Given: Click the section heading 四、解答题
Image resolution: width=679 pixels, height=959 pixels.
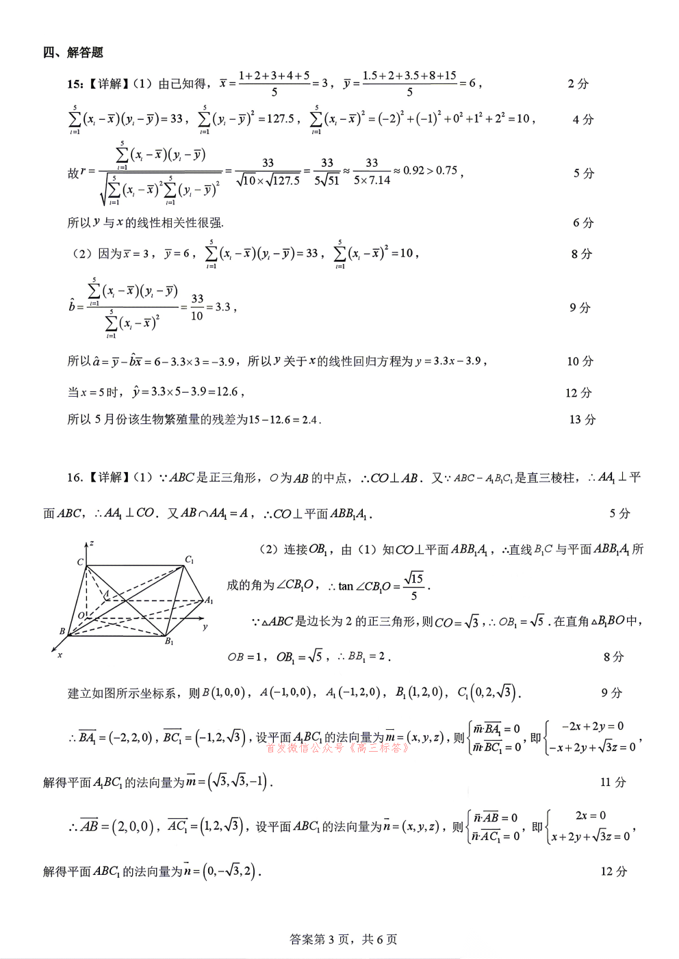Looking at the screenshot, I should point(73,53).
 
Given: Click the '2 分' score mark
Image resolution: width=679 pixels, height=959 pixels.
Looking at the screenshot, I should point(578,83).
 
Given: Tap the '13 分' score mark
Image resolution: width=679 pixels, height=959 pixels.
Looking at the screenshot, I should point(582,419).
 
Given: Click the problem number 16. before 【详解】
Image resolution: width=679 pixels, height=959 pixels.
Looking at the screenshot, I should point(75,477).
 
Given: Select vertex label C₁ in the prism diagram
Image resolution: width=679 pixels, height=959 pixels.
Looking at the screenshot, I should point(190,560).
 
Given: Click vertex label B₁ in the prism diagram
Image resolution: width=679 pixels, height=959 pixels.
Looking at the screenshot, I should point(169,642).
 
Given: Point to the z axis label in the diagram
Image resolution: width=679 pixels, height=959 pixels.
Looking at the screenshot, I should point(91,543).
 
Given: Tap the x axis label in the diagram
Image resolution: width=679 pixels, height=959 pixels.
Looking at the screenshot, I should point(60,655).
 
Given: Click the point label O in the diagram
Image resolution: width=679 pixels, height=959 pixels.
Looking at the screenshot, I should point(81,616).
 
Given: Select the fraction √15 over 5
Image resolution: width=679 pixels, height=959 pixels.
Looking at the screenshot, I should point(413,586).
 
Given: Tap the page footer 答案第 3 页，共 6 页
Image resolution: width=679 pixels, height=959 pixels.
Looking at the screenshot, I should point(344,939).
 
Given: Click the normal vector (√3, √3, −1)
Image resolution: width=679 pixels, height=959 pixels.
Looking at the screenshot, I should point(238,781).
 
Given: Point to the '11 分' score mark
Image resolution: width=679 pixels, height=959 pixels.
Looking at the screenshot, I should point(613,782).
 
